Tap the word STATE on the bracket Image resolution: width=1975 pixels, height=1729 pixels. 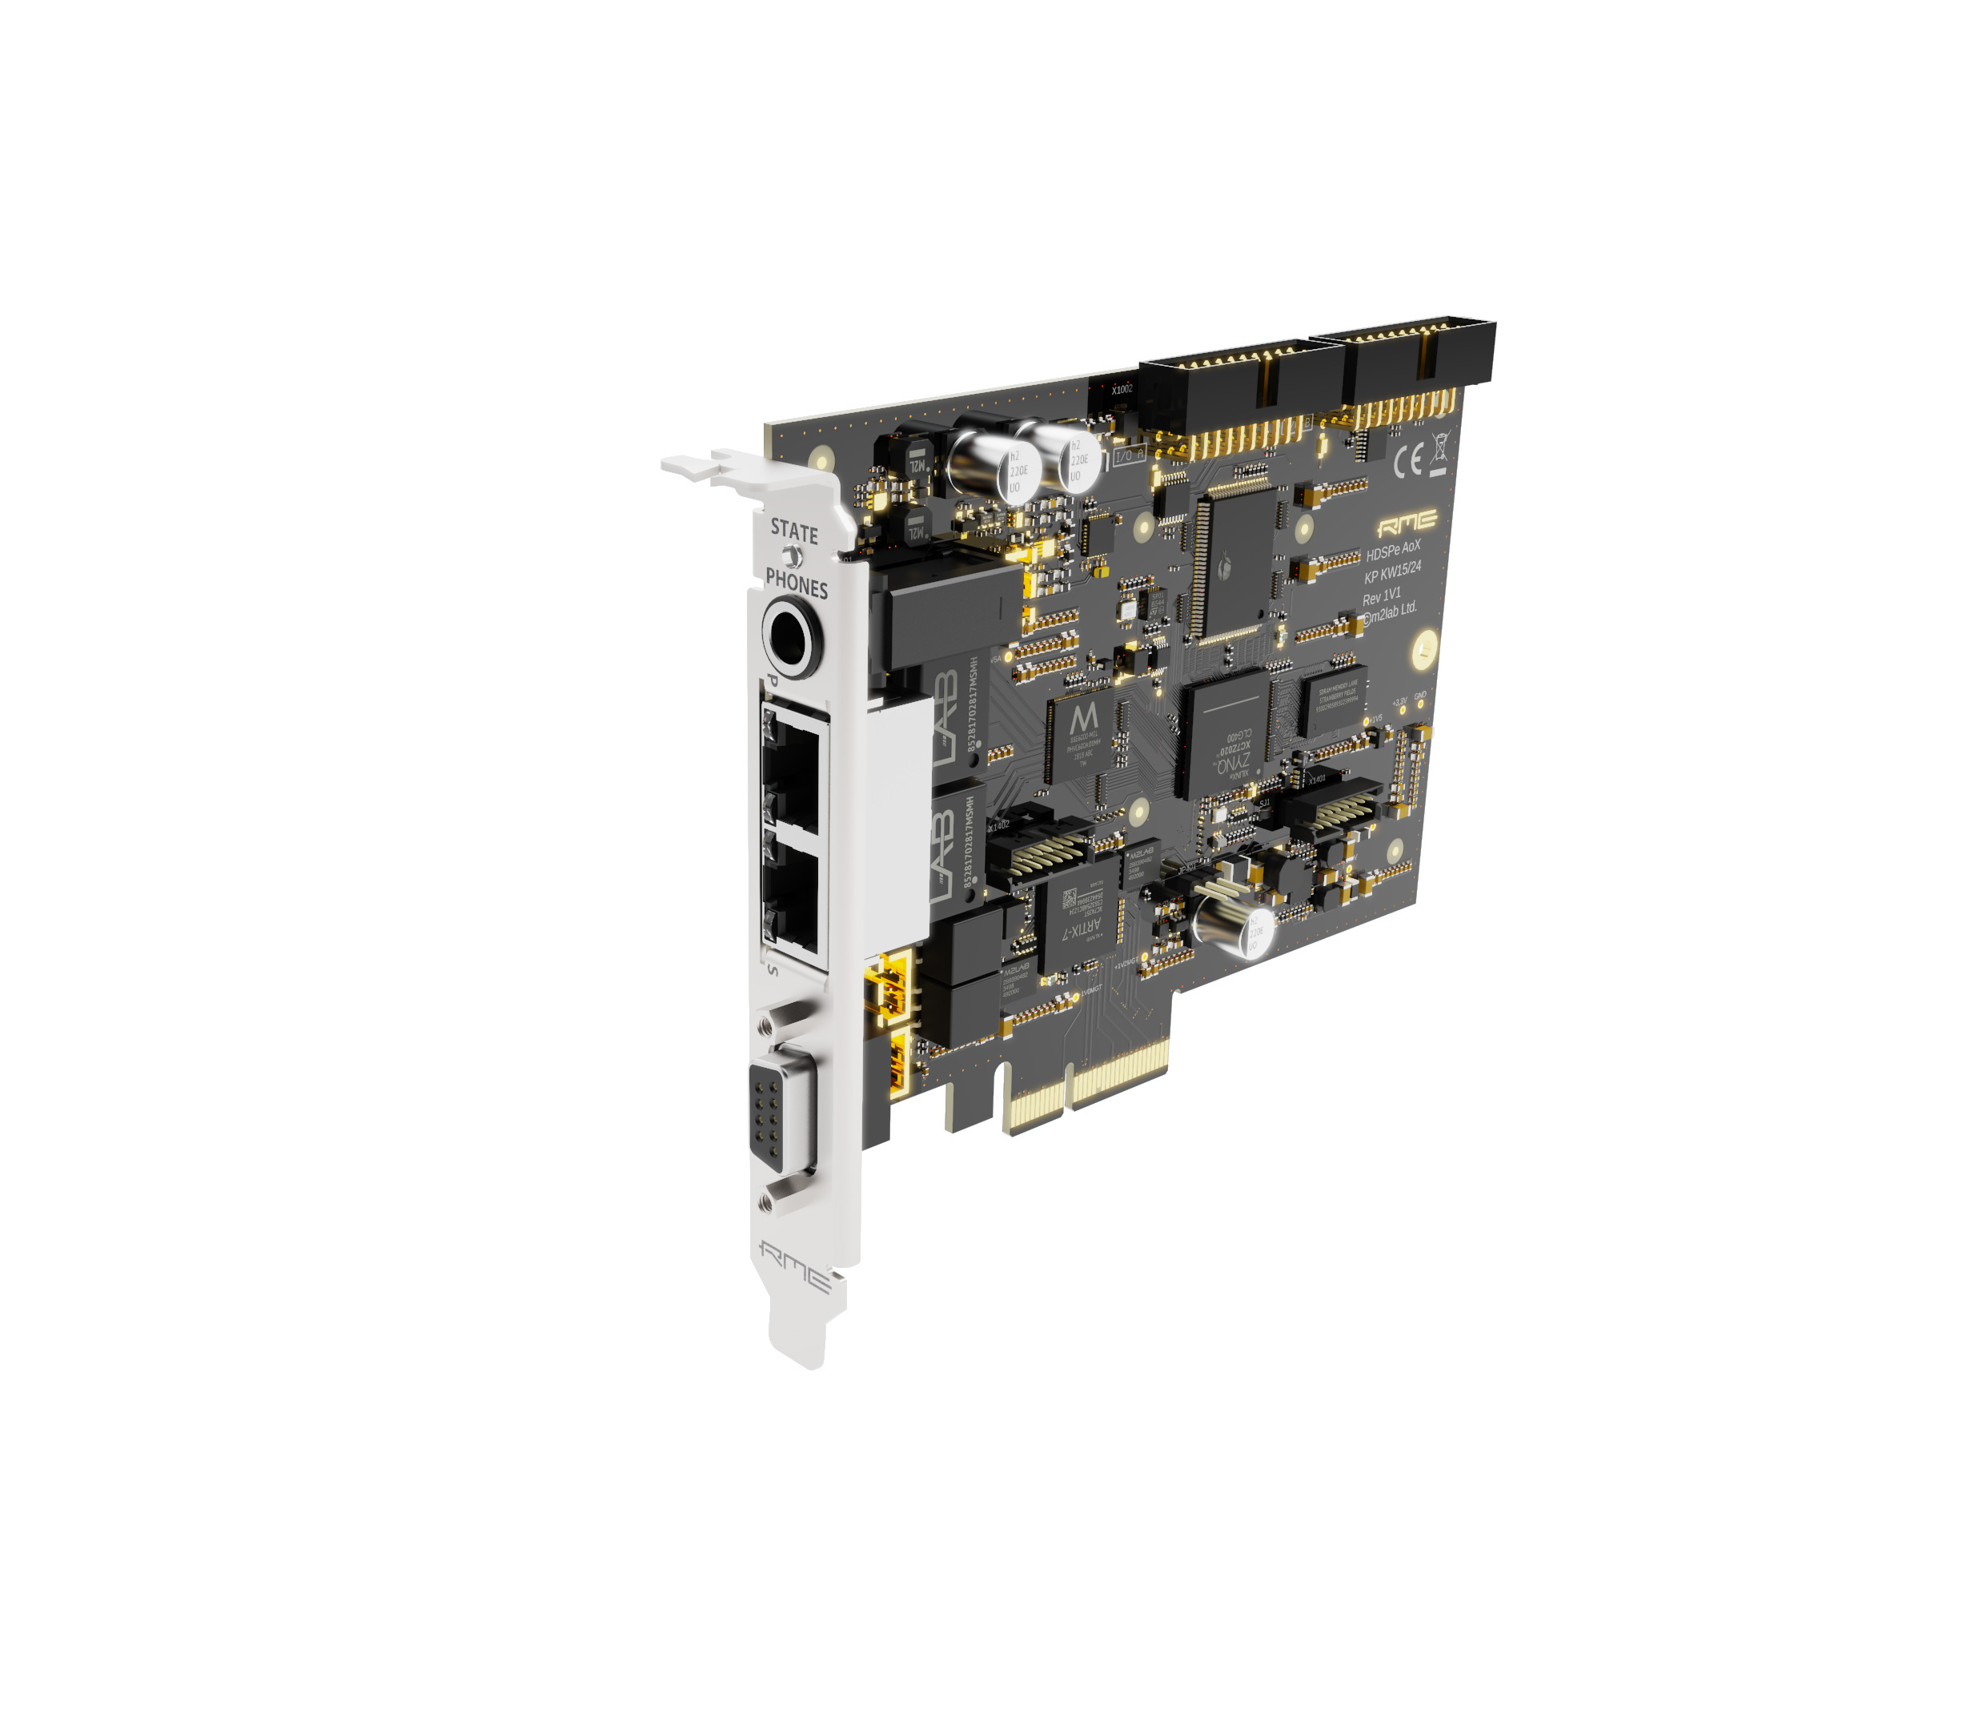pos(793,532)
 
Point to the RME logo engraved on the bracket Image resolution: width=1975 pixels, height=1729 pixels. pos(793,1265)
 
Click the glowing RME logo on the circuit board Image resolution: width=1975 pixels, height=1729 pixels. pos(1406,524)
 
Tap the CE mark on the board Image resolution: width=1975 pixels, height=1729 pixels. pos(1407,463)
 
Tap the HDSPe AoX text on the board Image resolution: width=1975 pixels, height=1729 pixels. pos(1392,550)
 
